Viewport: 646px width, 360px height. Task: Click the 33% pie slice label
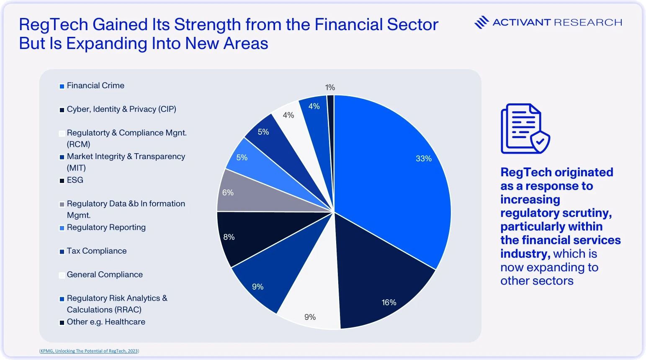423,158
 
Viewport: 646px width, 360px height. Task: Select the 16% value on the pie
389,302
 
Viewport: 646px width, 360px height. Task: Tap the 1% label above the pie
330,87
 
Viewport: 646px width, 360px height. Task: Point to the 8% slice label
229,237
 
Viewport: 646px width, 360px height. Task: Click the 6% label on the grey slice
227,193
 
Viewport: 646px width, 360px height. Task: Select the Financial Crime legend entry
92,86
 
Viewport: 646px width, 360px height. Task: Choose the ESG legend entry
71,180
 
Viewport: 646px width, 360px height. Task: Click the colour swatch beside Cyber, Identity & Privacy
62,110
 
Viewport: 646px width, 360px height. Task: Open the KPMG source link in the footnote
89,351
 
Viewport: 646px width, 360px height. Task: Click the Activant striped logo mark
481,22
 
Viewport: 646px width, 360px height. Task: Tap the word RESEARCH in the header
588,23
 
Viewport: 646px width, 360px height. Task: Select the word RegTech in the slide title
53,25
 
